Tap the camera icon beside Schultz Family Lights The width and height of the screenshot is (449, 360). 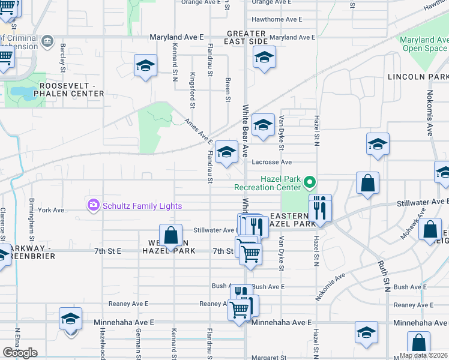93,206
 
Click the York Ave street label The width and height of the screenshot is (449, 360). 50,210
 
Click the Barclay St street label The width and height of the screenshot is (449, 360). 62,59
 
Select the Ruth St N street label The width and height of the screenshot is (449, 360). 384,275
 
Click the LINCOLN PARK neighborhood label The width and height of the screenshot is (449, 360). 418,77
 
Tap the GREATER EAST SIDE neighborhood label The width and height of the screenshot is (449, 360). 246,37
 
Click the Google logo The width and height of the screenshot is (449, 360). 20,353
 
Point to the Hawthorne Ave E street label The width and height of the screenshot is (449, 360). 277,19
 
